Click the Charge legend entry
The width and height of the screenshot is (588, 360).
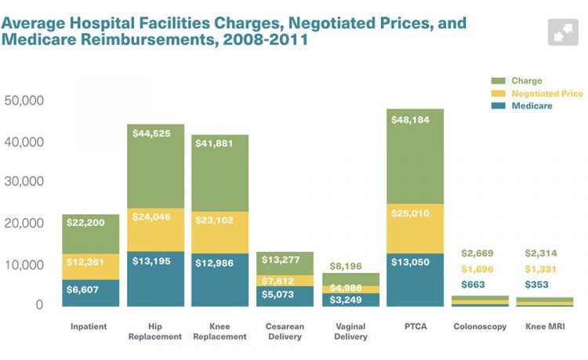pos(526,81)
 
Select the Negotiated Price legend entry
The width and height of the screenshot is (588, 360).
pos(547,93)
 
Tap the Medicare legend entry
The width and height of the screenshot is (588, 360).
pos(532,106)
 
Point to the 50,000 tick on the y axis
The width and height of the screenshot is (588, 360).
pos(24,101)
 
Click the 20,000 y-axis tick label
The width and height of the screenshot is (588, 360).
pos(24,224)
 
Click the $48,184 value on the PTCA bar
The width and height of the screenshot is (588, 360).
pos(415,122)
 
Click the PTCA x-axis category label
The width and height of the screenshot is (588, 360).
pos(415,325)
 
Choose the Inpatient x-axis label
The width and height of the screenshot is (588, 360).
pos(90,325)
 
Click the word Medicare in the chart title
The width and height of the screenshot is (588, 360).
pos(37,39)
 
